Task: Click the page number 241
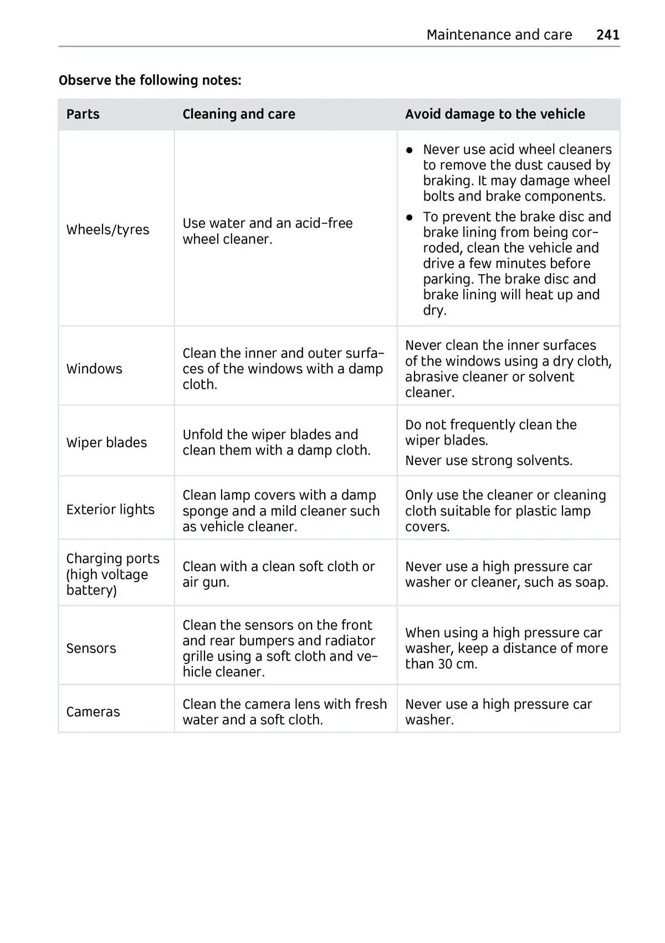point(607,35)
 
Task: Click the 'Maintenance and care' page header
point(499,35)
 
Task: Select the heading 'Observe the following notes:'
point(150,80)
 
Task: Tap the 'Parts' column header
point(83,114)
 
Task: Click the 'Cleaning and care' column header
point(238,114)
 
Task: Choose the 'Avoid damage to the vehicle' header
point(494,114)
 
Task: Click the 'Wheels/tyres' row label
point(108,230)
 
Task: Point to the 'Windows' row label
point(94,369)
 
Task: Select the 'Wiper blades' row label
point(106,442)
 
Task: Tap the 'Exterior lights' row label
point(110,509)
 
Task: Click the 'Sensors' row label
point(91,648)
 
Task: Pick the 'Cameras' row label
point(93,712)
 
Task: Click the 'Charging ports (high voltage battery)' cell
point(112,574)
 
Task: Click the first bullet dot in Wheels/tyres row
point(410,150)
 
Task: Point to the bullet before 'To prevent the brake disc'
point(410,217)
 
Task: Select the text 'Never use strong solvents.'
point(488,461)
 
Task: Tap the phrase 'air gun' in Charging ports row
point(204,583)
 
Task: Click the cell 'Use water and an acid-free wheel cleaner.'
point(267,231)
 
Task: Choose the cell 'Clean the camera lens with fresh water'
point(284,712)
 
